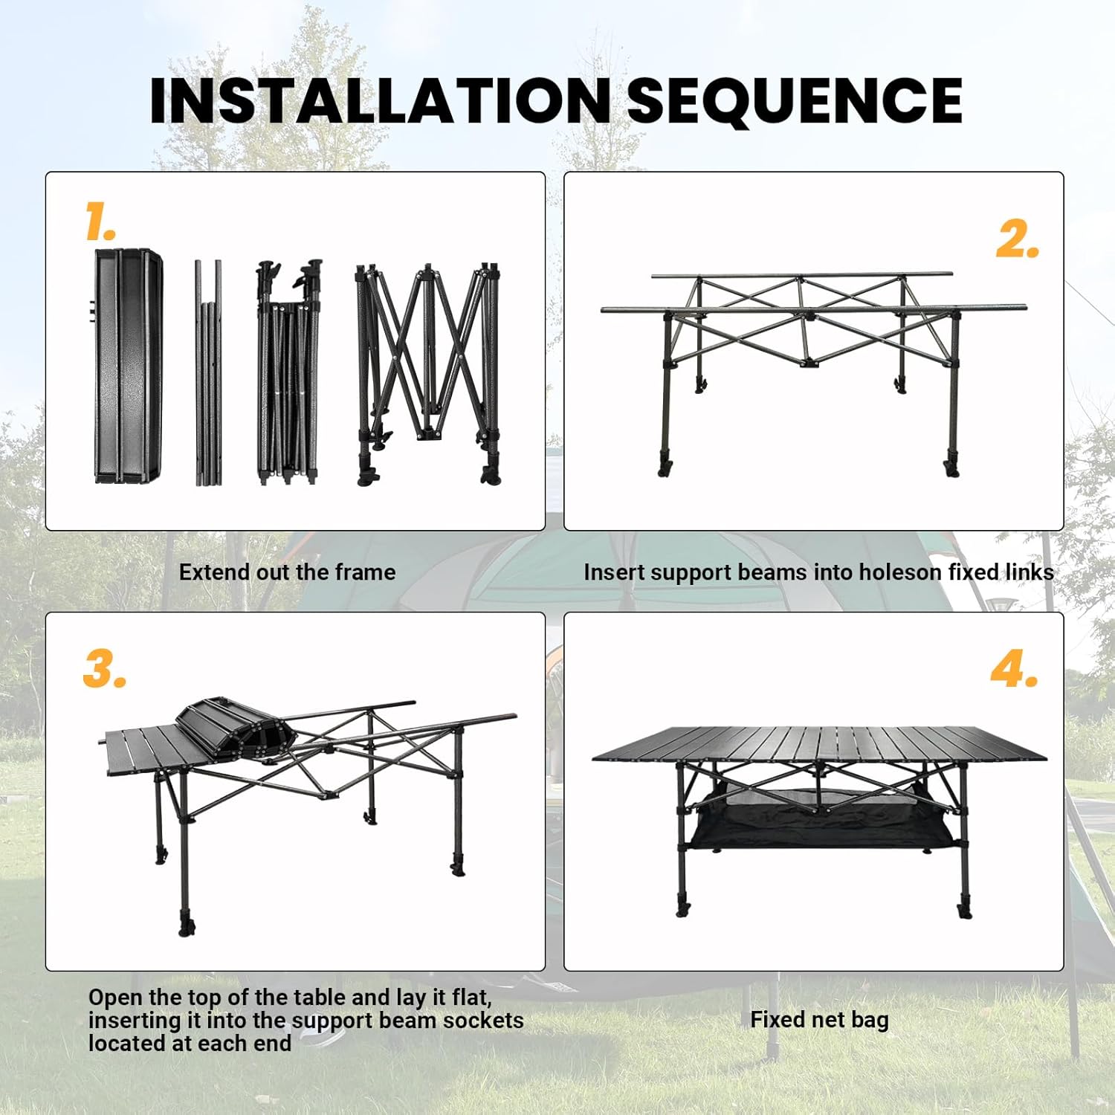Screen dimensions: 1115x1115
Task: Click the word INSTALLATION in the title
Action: point(379,100)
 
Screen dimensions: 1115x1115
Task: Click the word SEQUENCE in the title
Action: point(795,100)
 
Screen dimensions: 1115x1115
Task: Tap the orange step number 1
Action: point(100,222)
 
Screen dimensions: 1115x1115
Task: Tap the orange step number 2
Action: point(1017,239)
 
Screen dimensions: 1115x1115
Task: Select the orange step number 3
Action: point(104,668)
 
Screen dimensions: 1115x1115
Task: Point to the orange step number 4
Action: point(1014,668)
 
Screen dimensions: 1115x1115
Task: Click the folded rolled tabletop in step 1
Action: point(128,366)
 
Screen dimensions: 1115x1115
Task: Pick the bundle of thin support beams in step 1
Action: point(208,372)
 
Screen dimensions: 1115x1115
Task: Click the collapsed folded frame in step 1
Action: point(288,372)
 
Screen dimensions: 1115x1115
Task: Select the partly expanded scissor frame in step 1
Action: point(428,372)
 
